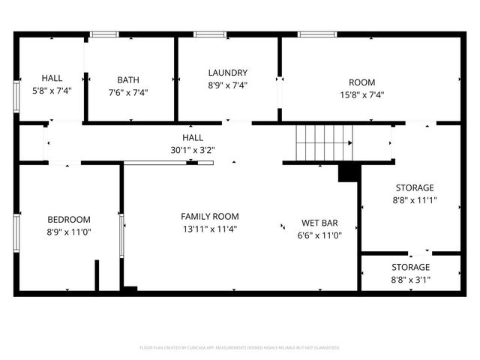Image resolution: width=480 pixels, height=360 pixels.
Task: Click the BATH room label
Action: (x=128, y=80)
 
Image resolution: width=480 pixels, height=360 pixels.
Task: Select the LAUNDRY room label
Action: (x=228, y=73)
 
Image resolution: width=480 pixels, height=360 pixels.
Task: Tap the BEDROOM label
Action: (x=69, y=219)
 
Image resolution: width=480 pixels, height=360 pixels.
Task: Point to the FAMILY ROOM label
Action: (x=210, y=216)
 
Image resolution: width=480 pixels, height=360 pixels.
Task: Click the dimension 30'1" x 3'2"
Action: (x=193, y=150)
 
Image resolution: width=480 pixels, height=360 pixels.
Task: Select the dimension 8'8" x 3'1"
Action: (x=410, y=280)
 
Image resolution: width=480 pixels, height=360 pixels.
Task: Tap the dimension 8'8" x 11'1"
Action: (x=415, y=200)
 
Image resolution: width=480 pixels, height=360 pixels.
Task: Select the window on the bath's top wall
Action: (x=104, y=34)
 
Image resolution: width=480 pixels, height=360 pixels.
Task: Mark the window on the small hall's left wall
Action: (x=16, y=97)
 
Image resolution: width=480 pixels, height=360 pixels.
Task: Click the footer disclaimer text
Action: (x=240, y=348)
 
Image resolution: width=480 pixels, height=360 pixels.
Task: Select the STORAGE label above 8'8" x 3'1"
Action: (x=410, y=267)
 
